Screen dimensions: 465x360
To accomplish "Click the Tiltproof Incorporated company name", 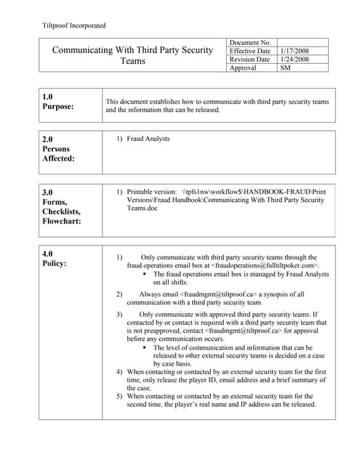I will pyautogui.click(x=75, y=25).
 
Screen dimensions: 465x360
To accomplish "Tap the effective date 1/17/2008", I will pyautogui.click(x=295, y=51).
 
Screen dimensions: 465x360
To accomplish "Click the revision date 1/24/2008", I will pyautogui.click(x=295, y=60).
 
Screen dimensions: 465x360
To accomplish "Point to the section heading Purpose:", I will pyautogui.click(x=62, y=107).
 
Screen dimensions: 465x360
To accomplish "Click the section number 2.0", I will pyautogui.click(x=47, y=137).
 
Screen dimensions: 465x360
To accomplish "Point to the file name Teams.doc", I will pyautogui.click(x=143, y=208).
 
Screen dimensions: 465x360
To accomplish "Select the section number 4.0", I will pyautogui.click(x=47, y=253).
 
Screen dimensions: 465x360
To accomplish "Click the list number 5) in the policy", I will pyautogui.click(x=120, y=396).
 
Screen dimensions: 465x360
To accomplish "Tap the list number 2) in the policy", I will pyautogui.click(x=120, y=294).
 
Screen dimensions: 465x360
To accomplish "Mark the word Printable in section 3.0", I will pyautogui.click(x=141, y=191).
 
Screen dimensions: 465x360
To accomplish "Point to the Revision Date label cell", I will pyautogui.click(x=249, y=60).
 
